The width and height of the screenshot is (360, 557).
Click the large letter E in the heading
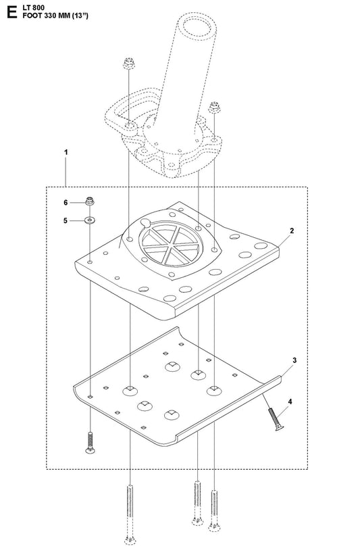point(11,11)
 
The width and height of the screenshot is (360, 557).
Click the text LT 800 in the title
point(34,8)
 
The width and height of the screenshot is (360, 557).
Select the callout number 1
point(66,152)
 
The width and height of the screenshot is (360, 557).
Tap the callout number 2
point(292,231)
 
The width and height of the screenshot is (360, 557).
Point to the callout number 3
point(294,360)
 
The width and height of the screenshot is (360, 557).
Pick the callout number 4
point(290,402)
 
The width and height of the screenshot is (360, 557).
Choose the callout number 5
point(66,220)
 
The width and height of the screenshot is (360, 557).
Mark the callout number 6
point(66,203)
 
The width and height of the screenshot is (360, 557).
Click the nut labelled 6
point(89,201)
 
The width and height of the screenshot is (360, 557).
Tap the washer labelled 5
point(89,220)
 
